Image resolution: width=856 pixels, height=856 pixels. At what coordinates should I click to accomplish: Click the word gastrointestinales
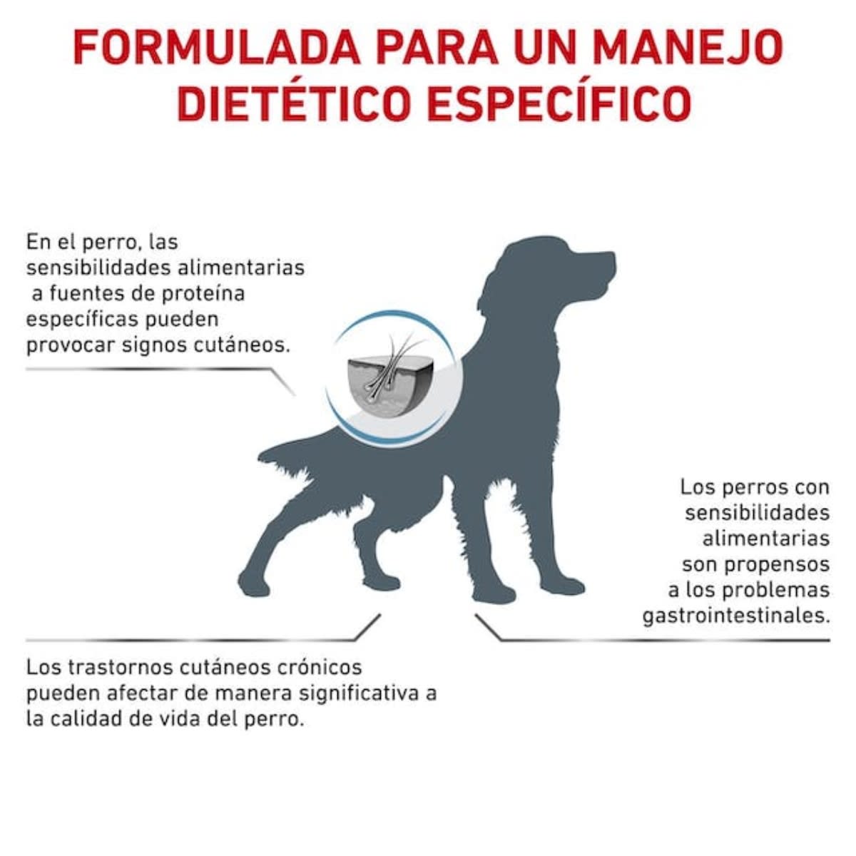pyautogui.click(x=736, y=616)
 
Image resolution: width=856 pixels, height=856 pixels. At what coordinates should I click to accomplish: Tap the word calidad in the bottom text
pyautogui.click(x=87, y=718)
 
